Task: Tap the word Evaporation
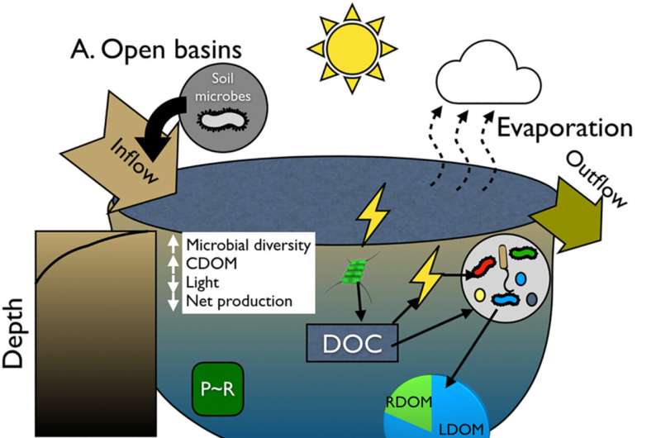564,129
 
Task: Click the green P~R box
217,386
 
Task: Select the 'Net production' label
239,301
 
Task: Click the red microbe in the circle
481,268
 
